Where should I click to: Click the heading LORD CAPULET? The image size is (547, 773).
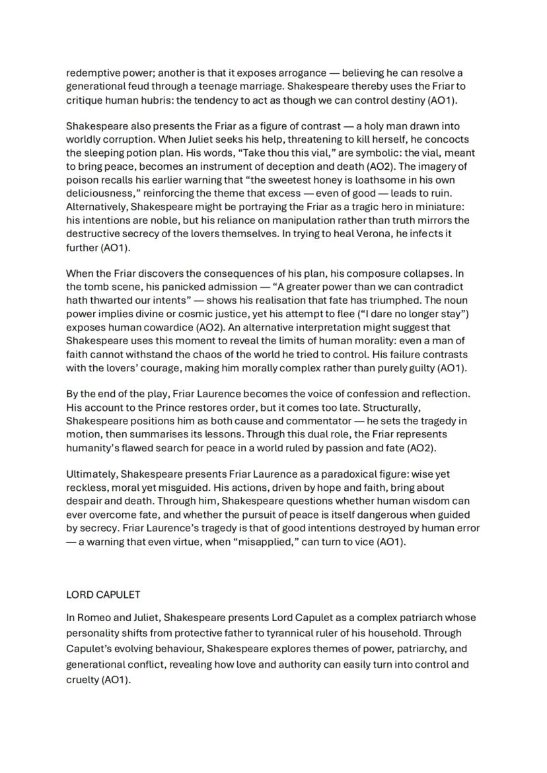point(103,595)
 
